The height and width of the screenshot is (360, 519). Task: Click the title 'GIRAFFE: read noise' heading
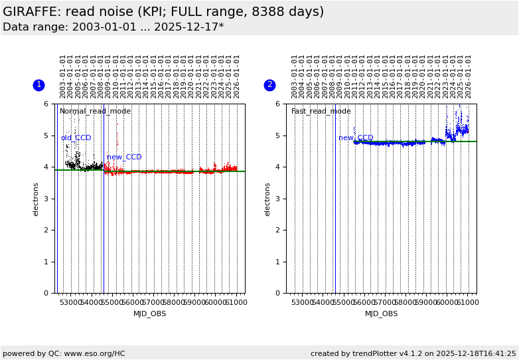point(163,12)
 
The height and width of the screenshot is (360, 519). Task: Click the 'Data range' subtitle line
point(113,27)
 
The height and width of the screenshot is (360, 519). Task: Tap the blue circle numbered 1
point(38,85)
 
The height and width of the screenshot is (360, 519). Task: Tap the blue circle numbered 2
point(269,85)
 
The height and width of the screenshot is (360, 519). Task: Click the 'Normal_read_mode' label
point(95,112)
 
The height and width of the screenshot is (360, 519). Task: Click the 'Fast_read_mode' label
point(321,112)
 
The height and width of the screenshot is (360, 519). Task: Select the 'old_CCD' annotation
point(76,138)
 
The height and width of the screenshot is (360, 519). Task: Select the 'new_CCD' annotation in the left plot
point(124,157)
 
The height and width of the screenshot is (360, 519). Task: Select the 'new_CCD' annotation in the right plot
point(356,138)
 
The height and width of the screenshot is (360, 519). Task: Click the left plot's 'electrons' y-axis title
point(37,198)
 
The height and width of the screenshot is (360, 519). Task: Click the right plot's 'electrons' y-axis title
point(268,198)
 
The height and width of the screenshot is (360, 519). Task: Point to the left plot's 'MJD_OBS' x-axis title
point(150,314)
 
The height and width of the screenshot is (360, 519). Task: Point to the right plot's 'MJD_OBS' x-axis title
point(382,314)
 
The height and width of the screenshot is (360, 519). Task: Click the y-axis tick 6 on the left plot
point(46,104)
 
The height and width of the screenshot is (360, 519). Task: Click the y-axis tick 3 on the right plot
point(277,199)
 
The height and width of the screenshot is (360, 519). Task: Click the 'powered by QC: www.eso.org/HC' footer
point(64,353)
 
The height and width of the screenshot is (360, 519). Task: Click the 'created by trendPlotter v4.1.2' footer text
point(413,353)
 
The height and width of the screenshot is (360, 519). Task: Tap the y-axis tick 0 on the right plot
point(277,293)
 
